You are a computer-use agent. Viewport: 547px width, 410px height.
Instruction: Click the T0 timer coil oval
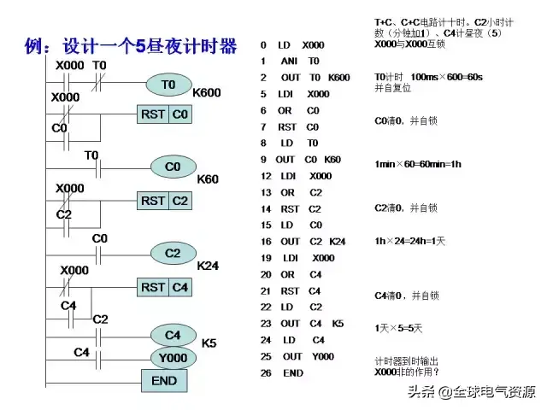coord(168,84)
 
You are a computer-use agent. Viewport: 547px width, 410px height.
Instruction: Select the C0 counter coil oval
coord(173,167)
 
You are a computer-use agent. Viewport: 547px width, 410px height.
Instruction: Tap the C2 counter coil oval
coord(173,253)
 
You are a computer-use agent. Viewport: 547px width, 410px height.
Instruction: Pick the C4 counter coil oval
coord(173,335)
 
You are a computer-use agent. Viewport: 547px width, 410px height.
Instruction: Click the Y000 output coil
coord(173,356)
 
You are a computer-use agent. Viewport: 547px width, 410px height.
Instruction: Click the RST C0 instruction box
coord(164,114)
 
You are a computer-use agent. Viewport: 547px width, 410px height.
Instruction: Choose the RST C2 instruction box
coord(164,201)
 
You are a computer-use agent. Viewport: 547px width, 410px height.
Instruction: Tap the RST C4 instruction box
coord(164,288)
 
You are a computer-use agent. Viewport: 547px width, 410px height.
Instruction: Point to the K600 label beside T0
coord(208,92)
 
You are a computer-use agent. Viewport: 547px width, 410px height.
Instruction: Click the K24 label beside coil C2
coord(208,266)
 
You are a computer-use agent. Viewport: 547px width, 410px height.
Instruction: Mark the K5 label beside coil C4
coord(209,343)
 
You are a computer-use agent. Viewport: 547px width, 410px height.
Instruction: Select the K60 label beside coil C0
coord(208,179)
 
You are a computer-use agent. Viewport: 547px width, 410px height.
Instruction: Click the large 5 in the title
coord(141,47)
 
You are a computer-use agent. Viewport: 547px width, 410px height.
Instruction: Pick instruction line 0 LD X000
coord(292,44)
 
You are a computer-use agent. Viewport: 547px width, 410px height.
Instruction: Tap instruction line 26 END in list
coord(282,373)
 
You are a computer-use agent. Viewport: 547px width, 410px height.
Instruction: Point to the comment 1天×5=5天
coord(397,327)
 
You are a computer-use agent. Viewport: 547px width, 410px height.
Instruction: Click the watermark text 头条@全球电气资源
coord(471,392)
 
